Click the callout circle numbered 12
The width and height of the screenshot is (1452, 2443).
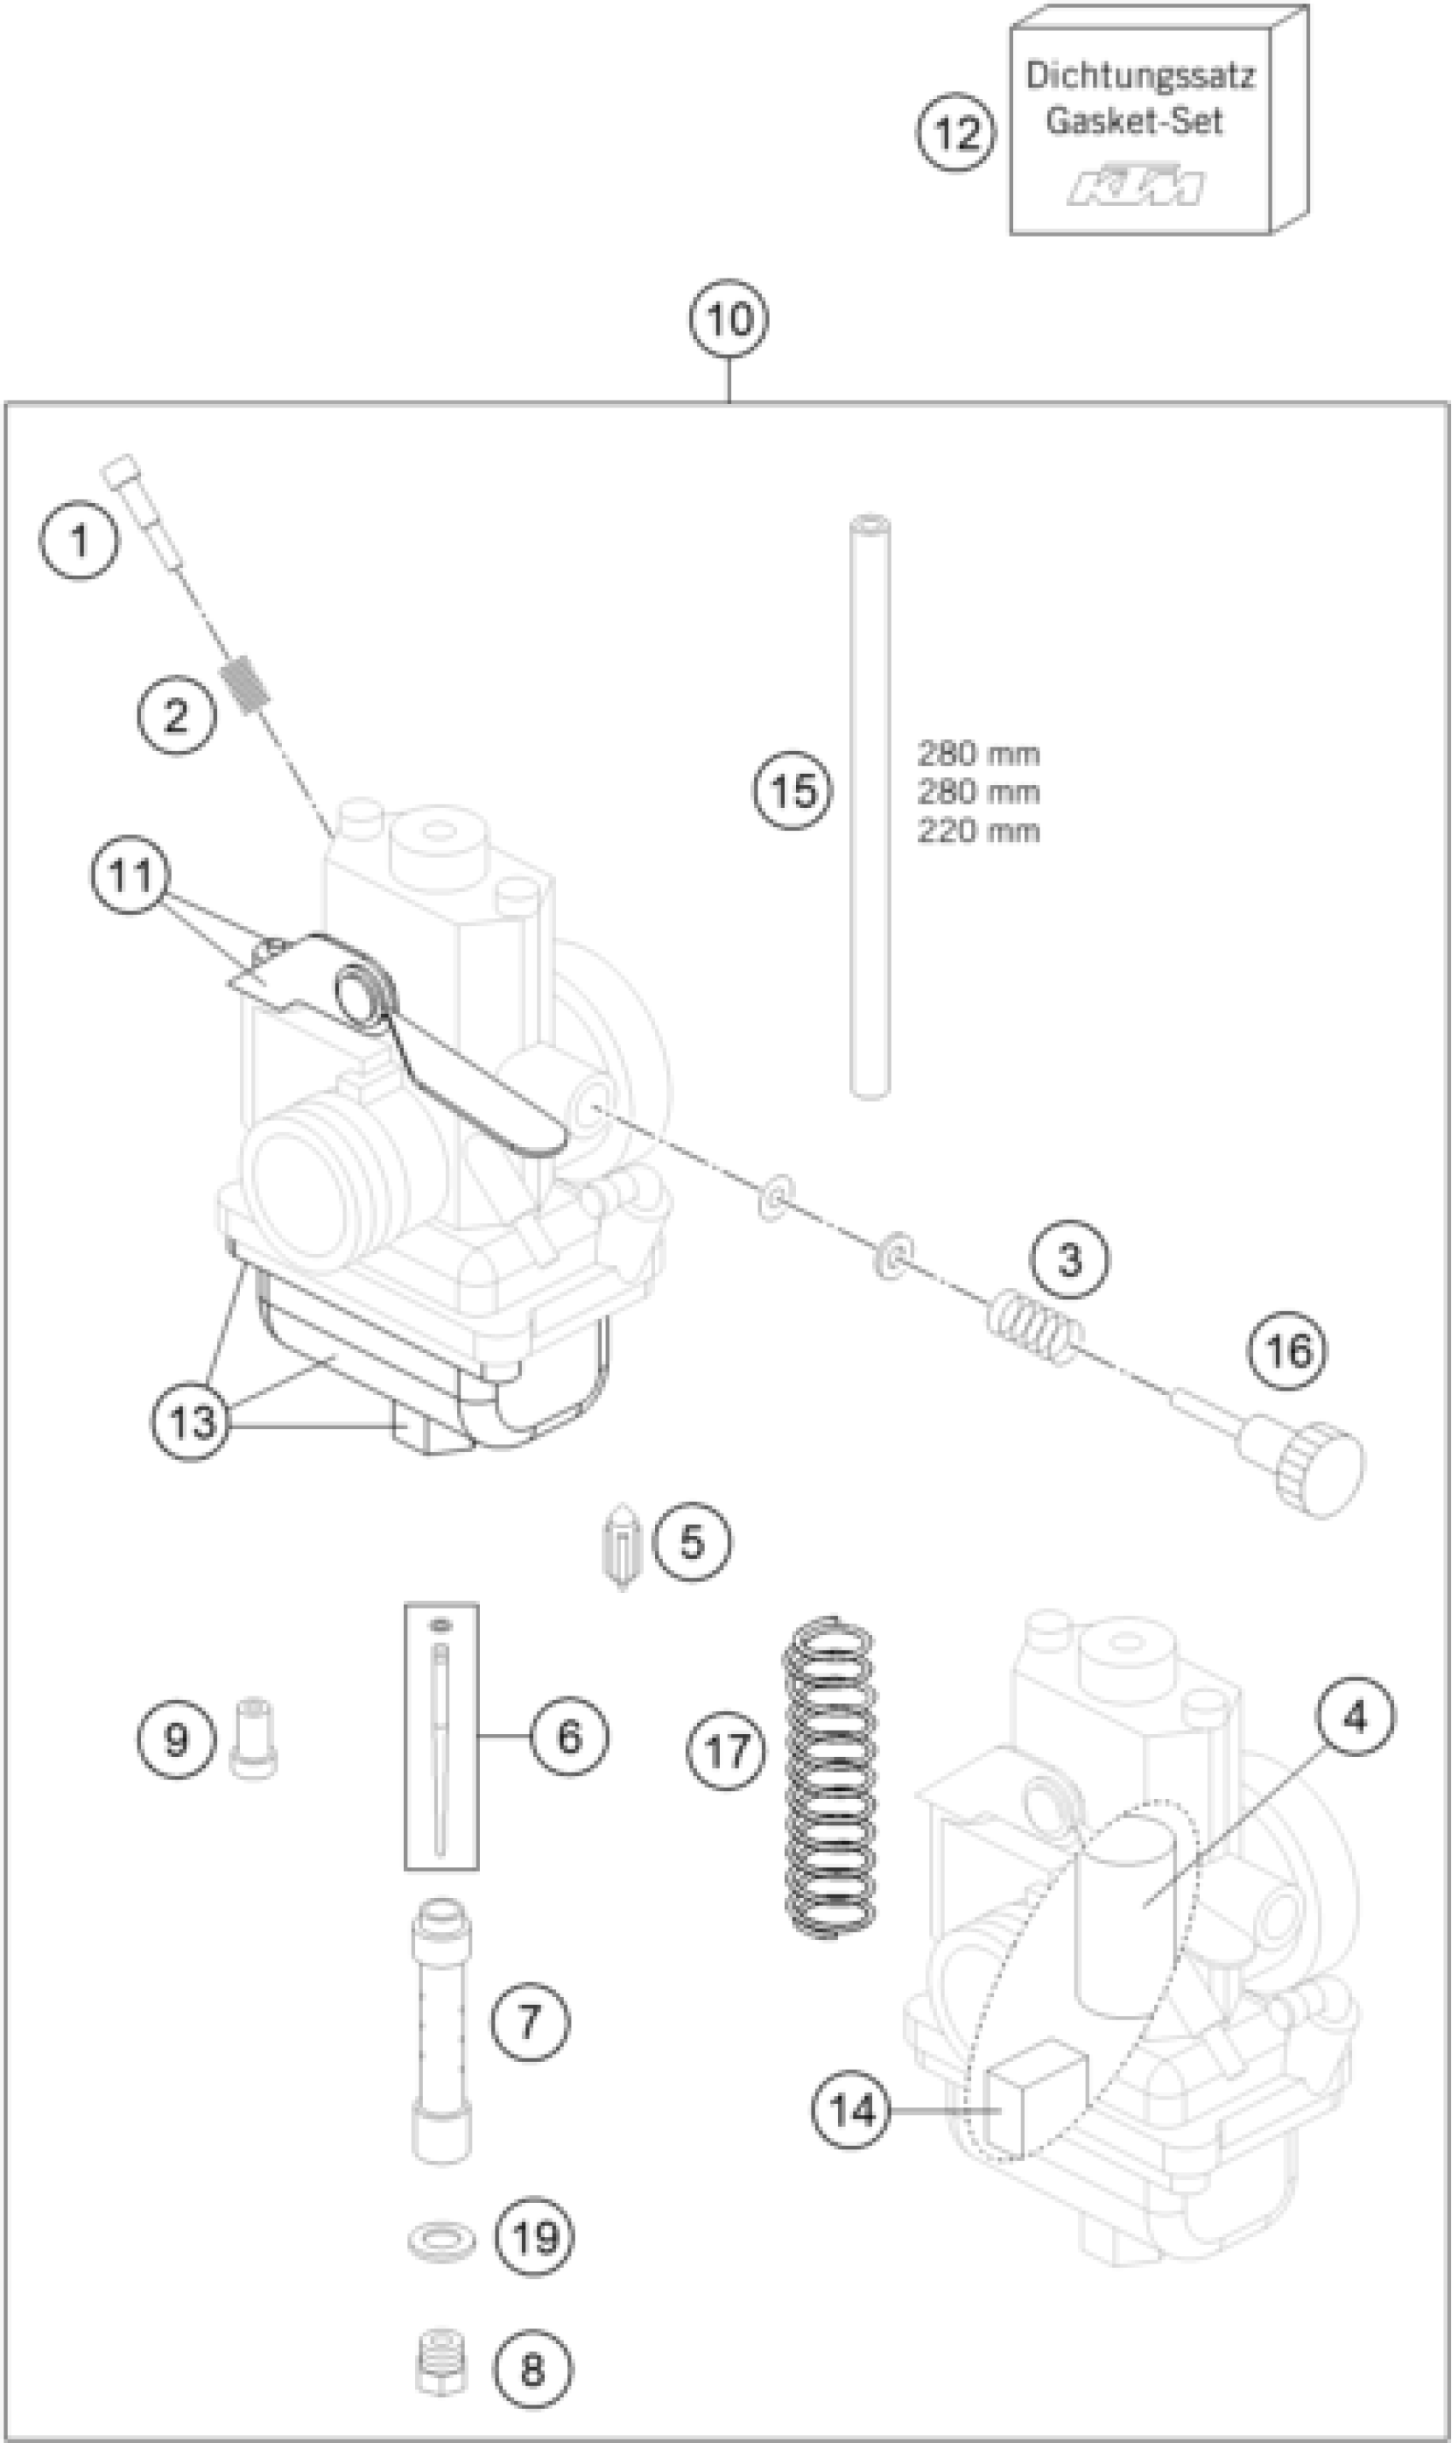pos(956,133)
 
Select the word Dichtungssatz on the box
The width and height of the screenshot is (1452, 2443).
pos(1140,76)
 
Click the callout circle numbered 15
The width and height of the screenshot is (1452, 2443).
pos(793,789)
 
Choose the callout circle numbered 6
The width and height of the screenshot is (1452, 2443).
pos(570,1737)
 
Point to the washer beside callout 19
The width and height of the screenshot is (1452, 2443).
pos(442,2236)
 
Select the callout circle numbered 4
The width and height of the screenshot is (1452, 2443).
pos(1355,1717)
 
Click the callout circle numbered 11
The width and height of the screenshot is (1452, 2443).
pos(130,875)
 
